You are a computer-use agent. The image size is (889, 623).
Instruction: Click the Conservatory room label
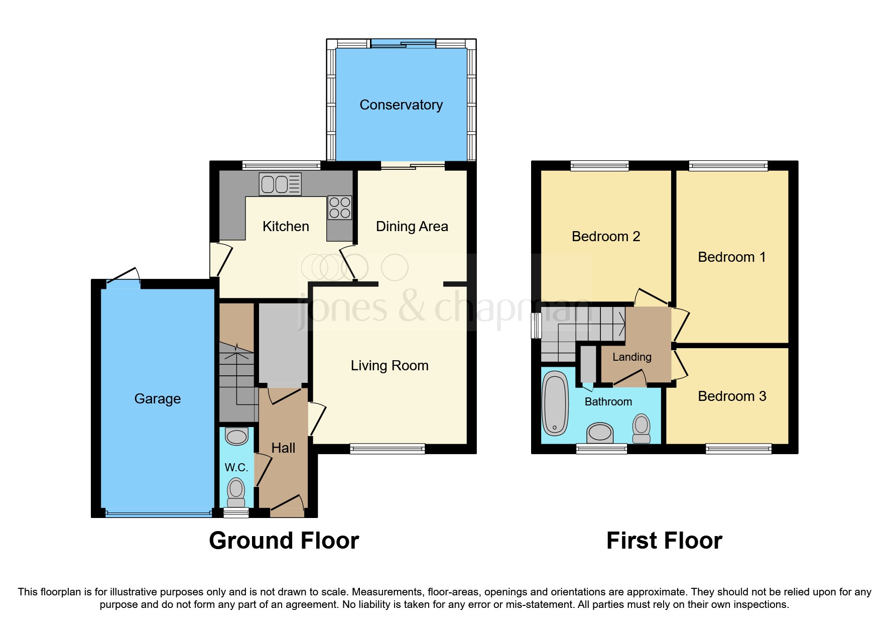401,105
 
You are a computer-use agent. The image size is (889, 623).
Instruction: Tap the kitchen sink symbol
280,184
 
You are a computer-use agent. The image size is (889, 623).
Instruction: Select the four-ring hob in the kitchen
340,207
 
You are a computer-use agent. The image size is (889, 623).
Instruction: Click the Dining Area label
412,227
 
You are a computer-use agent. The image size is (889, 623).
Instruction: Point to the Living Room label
390,366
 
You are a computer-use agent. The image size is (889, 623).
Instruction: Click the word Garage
157,399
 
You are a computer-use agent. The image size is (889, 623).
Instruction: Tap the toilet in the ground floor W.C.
236,492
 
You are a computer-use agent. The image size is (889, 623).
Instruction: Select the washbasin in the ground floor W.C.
237,436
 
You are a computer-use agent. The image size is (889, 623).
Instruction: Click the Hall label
283,448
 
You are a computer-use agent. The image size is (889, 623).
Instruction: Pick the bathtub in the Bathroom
555,403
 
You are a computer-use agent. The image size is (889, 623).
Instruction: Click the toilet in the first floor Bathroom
641,428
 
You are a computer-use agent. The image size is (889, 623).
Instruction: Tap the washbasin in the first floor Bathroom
600,432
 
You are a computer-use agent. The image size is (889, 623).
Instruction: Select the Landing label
631,357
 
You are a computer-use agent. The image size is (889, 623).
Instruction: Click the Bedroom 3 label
731,396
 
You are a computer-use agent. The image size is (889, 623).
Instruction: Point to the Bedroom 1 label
731,257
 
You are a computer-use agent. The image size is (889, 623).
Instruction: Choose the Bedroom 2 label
605,237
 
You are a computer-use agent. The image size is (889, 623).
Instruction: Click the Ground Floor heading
284,541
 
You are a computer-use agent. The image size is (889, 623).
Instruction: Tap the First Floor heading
664,541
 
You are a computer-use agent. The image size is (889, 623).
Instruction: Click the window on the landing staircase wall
537,325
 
